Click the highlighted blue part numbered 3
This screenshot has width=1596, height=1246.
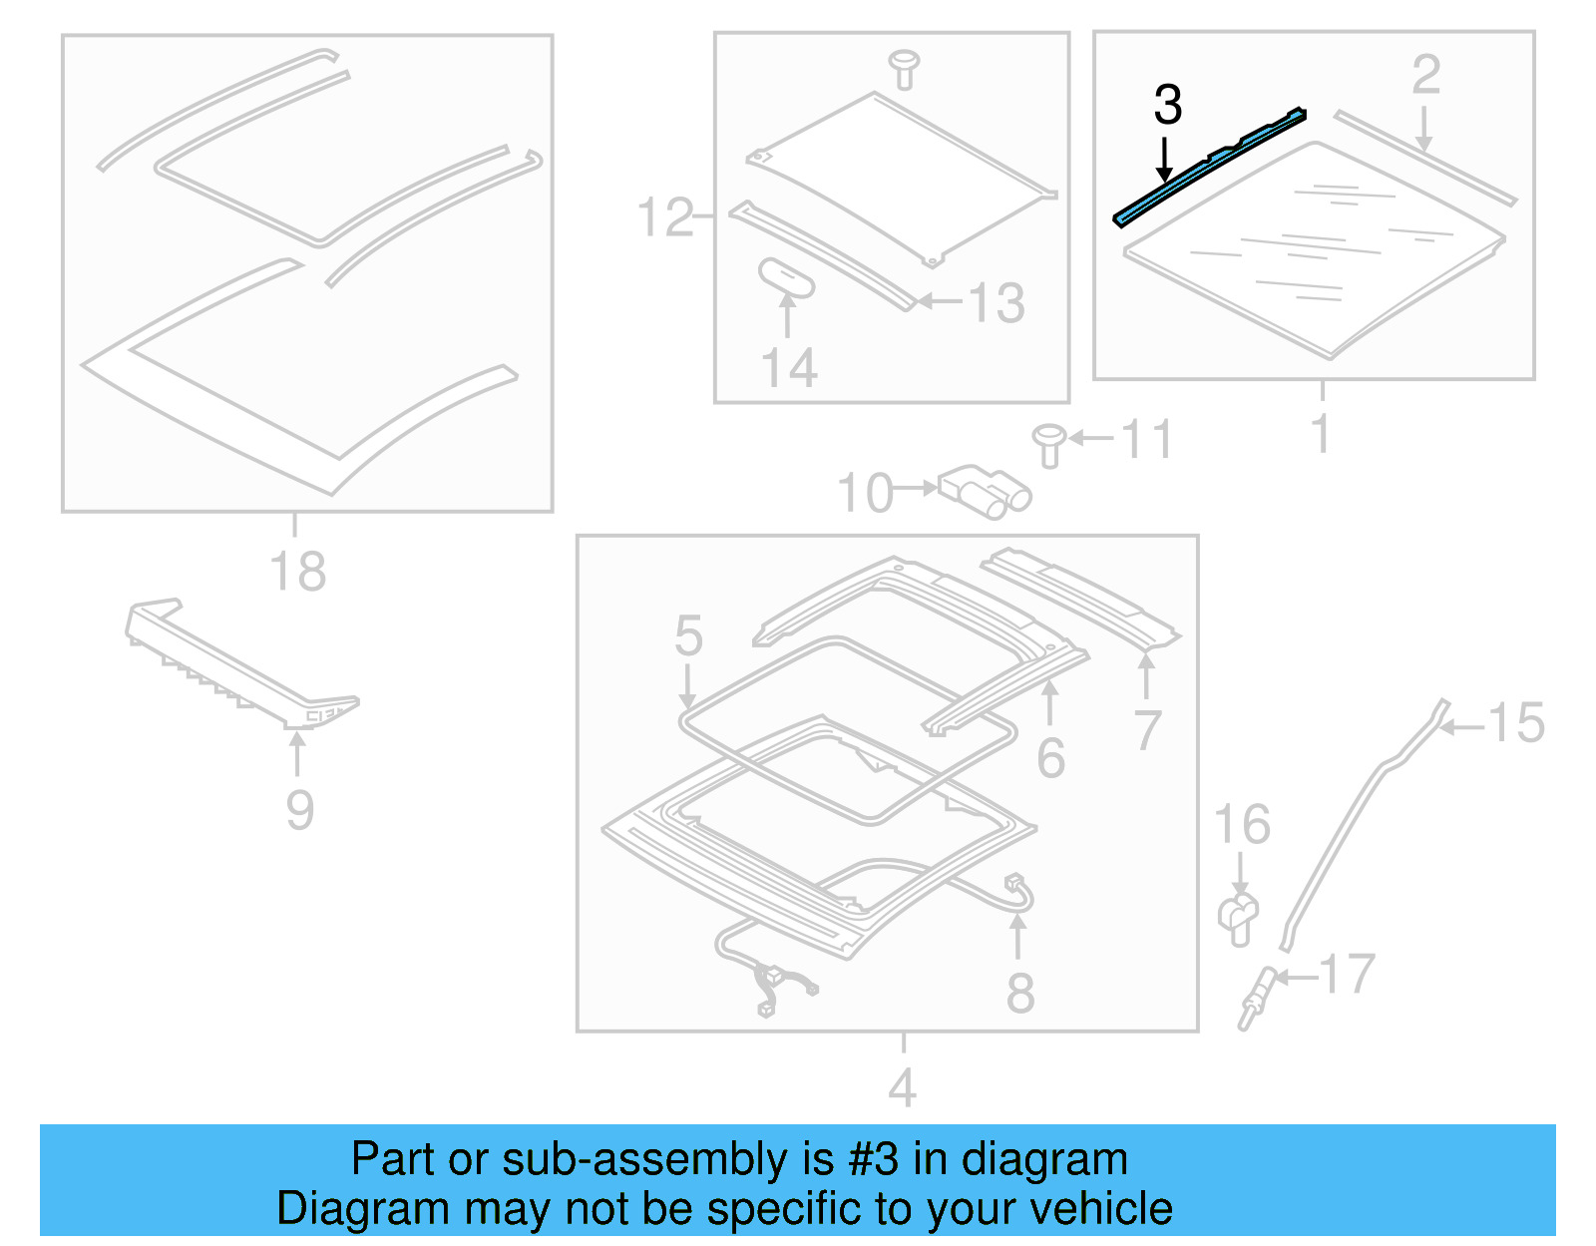pos(1210,168)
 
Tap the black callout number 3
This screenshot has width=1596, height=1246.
pos(1167,105)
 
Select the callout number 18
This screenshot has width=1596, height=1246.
pos(297,573)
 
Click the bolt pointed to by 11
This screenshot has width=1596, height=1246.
pos(1048,445)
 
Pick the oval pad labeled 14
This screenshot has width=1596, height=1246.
pos(787,278)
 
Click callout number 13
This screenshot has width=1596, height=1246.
pos(997,303)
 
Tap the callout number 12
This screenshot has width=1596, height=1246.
pos(664,217)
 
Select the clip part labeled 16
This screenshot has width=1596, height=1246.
pos(1238,918)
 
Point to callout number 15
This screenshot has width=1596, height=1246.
pos(1515,723)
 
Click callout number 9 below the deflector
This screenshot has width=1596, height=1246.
pos(299,810)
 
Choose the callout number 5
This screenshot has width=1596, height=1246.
pos(688,635)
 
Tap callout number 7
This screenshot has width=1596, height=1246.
pos(1147,731)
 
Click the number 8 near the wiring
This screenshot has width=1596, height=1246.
pos(1019,993)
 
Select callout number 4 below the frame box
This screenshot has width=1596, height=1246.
pos(902,1087)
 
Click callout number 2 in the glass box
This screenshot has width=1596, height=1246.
pos(1425,76)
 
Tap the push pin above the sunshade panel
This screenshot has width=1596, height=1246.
pos(904,68)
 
